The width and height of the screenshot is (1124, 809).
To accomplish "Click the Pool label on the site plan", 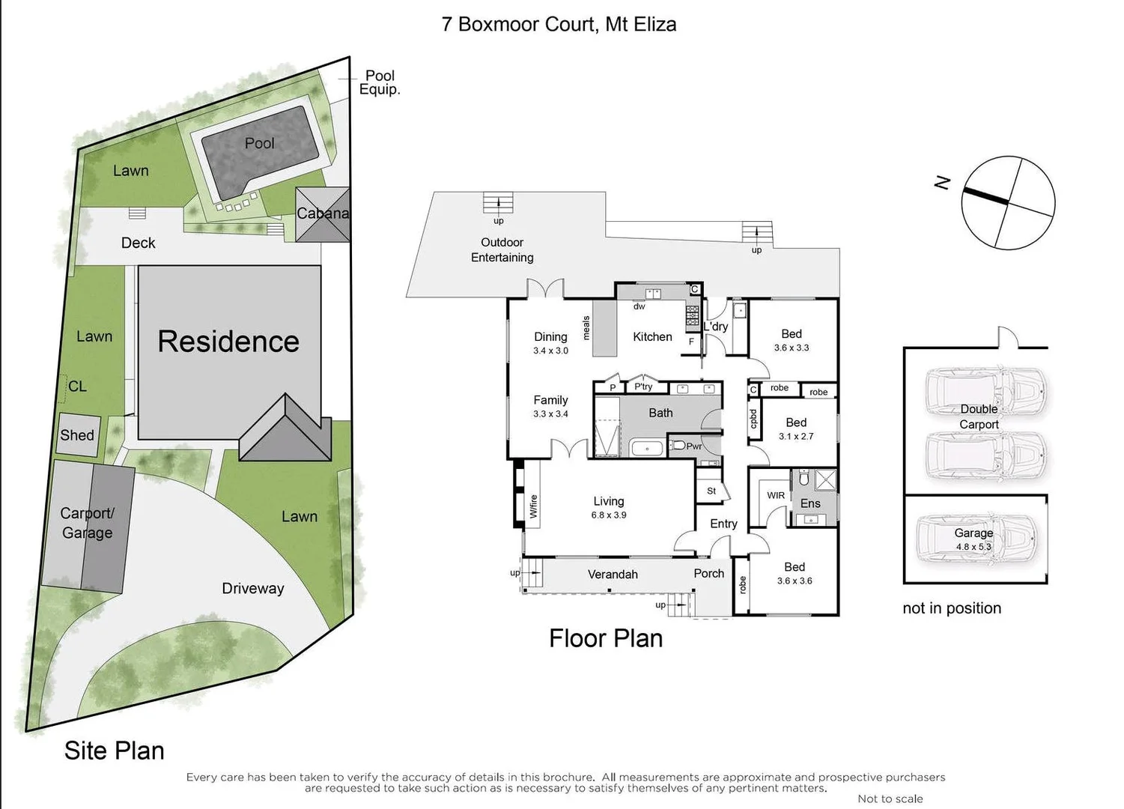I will [x=259, y=143].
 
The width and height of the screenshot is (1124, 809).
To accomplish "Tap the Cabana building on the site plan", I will [x=323, y=213].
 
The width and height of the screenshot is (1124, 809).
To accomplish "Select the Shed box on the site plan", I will [x=77, y=435].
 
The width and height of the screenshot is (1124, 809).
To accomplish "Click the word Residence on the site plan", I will [x=228, y=342].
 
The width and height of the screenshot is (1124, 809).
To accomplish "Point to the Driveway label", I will [x=252, y=588].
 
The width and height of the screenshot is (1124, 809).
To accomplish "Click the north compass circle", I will [x=1008, y=202].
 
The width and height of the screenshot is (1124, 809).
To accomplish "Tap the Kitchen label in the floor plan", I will [x=652, y=337].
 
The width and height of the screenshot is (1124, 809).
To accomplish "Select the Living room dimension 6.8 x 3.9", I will [x=609, y=515].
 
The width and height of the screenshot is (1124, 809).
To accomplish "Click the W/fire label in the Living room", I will [x=534, y=506].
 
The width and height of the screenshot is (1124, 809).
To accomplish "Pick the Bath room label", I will [x=660, y=413].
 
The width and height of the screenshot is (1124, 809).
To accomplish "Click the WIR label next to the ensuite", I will [x=776, y=495].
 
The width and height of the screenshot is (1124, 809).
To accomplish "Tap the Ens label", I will [x=810, y=503].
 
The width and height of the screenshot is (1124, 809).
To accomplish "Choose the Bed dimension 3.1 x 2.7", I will [x=796, y=436].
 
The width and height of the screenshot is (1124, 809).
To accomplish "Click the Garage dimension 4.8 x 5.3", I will [x=973, y=547].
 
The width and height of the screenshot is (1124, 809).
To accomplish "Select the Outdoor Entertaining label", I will [x=502, y=250].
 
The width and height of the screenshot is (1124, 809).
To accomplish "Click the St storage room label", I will [x=711, y=491].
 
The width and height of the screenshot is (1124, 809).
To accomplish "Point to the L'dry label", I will [x=715, y=327].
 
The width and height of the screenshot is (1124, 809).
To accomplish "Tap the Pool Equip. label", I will [x=380, y=82].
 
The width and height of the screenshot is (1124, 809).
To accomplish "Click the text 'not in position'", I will [x=952, y=608].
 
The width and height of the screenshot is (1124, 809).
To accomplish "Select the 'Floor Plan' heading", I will [x=606, y=638].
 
